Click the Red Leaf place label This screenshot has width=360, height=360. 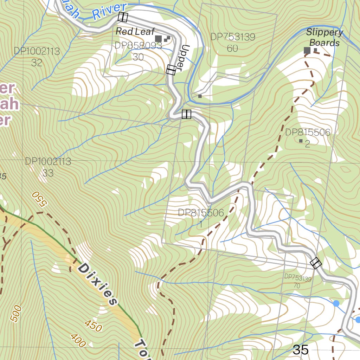coord(135,31)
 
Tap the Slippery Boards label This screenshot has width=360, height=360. coord(324,38)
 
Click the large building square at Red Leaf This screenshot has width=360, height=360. coord(158,38)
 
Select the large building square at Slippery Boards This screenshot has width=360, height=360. coord(307,50)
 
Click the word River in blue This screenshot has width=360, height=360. coord(109,11)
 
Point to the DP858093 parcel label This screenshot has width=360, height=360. coord(138,46)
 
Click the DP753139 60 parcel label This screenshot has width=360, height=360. coord(232,43)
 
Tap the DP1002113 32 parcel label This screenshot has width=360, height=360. coord(37,57)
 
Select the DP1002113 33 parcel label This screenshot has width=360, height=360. coord(48,167)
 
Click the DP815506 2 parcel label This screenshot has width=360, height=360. coord(308,138)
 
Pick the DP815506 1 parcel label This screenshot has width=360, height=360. coord(201,218)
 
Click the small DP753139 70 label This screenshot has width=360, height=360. coord(297,282)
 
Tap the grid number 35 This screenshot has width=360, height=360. coord(301,349)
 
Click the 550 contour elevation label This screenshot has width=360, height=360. coord(39,199)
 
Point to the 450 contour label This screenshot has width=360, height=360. coord(93,326)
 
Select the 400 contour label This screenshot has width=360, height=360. coord(78,340)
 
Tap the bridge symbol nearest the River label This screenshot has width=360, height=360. coord(123,17)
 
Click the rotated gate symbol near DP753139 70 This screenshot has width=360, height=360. coord(316,263)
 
